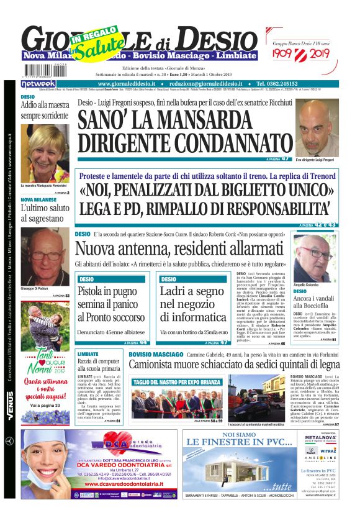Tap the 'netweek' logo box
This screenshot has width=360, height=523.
[38, 83]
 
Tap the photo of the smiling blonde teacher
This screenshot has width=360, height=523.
[45, 153]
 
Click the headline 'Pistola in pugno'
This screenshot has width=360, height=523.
[110, 291]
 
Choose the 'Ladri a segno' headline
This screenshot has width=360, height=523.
[192, 291]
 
